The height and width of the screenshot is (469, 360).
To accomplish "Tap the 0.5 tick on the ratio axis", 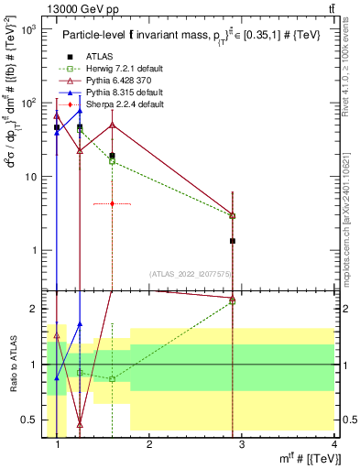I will (x=32, y=420).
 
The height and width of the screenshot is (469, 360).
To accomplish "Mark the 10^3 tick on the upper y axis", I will (x=28, y=29).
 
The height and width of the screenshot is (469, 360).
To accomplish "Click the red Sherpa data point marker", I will (x=112, y=203).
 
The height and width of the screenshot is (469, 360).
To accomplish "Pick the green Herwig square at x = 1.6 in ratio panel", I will (x=112, y=379).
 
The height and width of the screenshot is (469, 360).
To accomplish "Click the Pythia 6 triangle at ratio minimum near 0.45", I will (x=80, y=425).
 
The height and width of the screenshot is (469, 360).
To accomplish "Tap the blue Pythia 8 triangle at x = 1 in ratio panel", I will (x=57, y=377).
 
